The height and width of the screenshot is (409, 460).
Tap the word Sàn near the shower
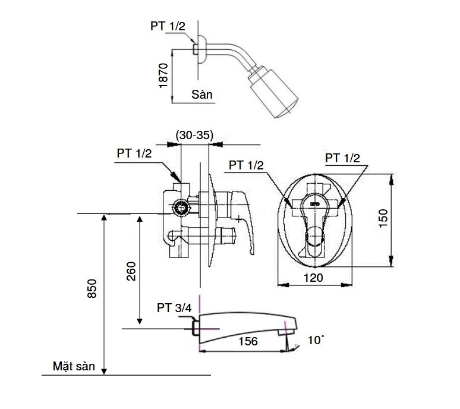tap(202, 95)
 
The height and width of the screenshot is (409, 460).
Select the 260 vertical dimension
tap(131, 271)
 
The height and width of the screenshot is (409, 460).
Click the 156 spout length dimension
tap(247, 341)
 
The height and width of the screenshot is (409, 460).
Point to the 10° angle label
tap(316, 340)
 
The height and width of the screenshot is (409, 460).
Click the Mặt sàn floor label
tap(72, 366)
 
